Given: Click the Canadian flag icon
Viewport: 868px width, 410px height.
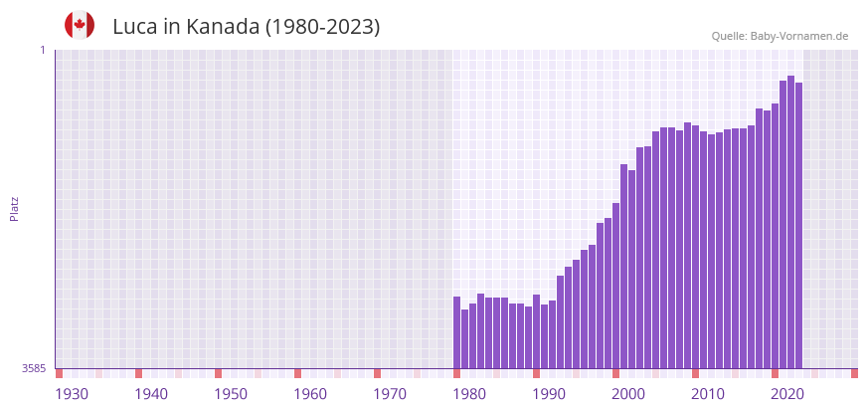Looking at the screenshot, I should pos(80,25).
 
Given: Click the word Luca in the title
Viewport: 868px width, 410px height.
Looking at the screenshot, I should pos(134,27).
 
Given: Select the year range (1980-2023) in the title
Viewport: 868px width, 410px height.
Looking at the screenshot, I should pos(322,27).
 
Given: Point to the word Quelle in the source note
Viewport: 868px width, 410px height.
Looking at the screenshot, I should pos(729,36).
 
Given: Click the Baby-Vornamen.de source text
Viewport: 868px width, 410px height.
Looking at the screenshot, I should pos(799,36).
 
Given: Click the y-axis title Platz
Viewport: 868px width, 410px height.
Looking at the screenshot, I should pos(15,209).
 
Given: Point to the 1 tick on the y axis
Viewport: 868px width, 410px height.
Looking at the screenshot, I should pos(43,50).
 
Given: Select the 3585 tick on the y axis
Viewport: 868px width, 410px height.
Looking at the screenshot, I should pos(34,368).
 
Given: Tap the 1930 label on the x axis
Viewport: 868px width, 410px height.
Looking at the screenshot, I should pos(72,394).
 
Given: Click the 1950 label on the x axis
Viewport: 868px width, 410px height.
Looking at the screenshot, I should pos(231,394).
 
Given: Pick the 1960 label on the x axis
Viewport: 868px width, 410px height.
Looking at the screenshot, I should pos(310,394).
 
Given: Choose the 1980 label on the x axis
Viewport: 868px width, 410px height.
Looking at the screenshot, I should pos(469,394).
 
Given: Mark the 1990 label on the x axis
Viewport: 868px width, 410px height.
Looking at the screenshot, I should pos(549,394).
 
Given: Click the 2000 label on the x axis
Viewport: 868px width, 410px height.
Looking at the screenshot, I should pos(628,394).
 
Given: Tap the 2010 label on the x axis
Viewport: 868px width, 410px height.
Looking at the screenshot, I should pos(708,394).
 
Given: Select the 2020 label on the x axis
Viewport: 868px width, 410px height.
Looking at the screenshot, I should pos(787,394).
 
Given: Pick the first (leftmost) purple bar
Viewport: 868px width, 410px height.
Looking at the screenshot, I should pos(457,332).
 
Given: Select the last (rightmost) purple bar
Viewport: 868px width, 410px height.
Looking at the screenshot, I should pos(798,225).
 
